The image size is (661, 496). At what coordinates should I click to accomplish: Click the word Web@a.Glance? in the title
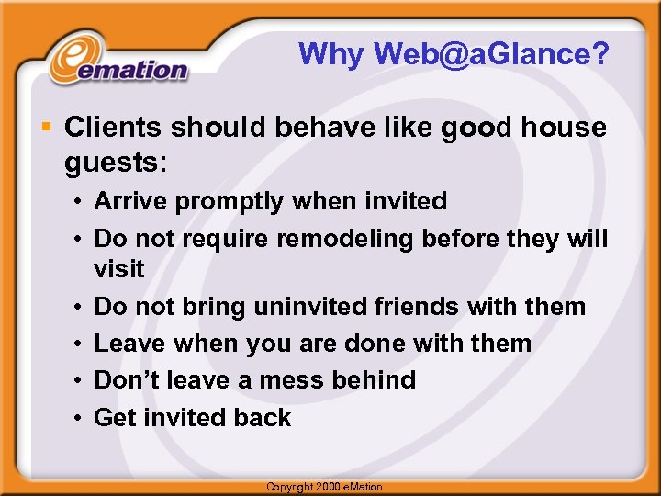491,55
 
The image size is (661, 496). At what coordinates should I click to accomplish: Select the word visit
119,269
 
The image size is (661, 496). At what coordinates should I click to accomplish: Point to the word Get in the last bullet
115,418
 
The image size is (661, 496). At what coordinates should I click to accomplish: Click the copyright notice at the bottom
324,487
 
